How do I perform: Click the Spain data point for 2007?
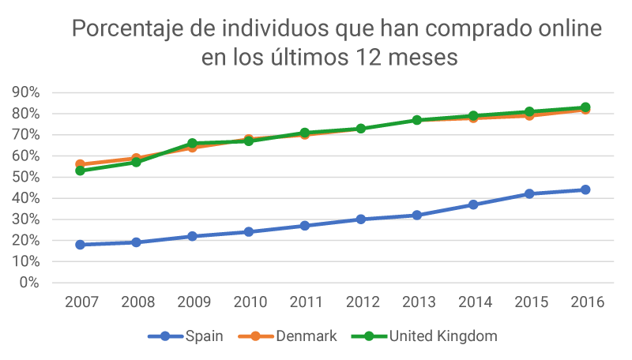tap(80, 245)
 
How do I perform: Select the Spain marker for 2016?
tap(585, 189)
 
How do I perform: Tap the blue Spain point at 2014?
tap(473, 204)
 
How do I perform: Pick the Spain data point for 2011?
tap(304, 226)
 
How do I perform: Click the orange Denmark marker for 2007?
tap(80, 164)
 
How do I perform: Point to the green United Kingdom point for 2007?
tap(80, 171)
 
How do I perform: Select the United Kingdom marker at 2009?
tap(192, 144)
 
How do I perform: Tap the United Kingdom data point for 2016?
tap(585, 107)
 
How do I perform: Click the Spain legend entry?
tap(186, 336)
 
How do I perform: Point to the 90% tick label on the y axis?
tap(26, 92)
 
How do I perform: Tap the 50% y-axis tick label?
tap(26, 177)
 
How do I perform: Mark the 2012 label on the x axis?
tap(360, 303)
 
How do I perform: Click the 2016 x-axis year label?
tap(585, 303)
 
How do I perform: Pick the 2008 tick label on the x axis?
tap(136, 303)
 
